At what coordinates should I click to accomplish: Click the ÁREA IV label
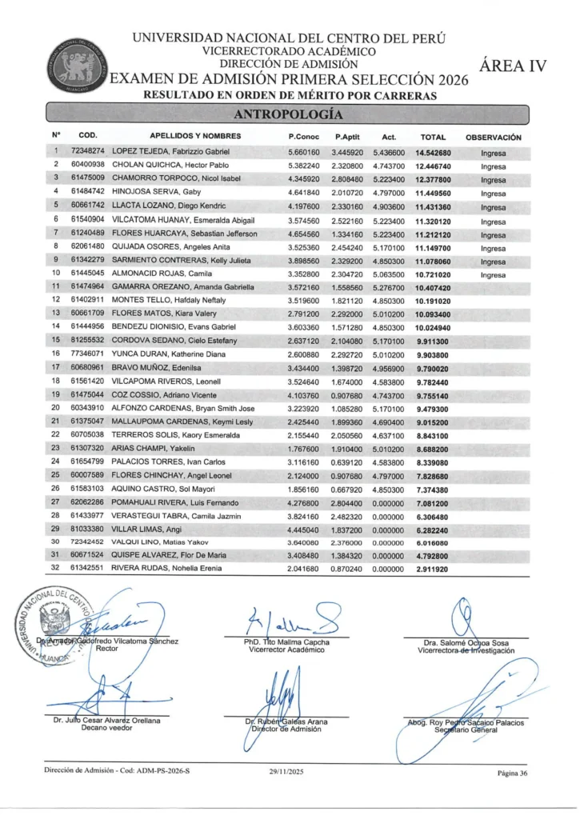point(512,67)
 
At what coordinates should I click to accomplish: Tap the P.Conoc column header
point(304,137)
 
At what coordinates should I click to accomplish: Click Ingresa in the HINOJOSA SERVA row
point(494,192)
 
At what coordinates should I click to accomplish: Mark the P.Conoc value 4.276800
point(304,502)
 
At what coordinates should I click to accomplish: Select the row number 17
point(57,367)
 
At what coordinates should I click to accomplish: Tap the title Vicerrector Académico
point(287,649)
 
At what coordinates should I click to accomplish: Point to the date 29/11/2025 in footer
point(287,773)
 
